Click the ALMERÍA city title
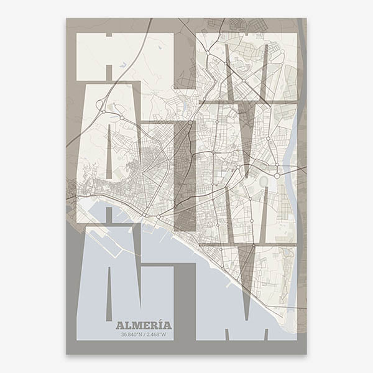(144, 325)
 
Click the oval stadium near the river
(262, 181)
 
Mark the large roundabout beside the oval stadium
(274, 167)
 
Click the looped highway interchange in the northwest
(101, 108)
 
